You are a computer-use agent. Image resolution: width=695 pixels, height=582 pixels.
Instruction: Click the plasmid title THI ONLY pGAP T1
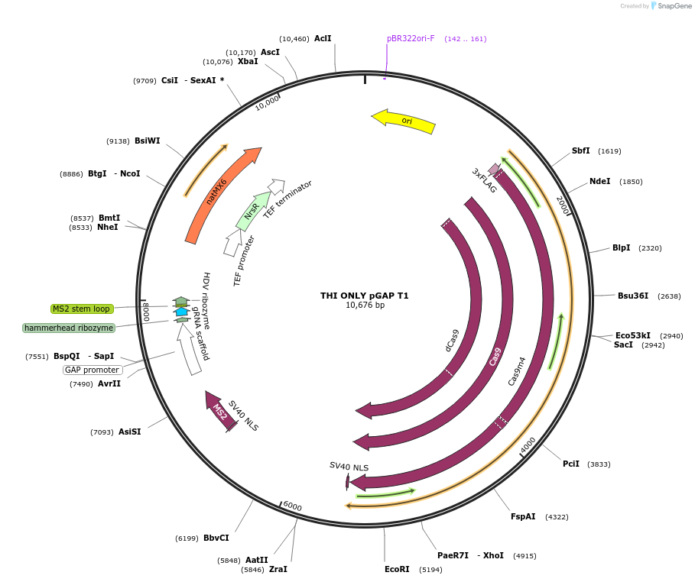click(x=364, y=296)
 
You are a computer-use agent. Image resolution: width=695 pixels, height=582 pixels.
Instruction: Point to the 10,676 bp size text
click(x=365, y=306)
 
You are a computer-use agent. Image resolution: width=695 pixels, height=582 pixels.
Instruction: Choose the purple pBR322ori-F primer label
click(x=411, y=38)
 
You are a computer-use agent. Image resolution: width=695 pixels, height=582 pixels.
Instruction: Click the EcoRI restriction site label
click(x=397, y=569)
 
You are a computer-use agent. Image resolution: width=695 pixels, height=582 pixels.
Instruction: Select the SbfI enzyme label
click(x=581, y=150)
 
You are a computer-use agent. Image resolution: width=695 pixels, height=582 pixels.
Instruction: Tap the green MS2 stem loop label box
click(x=82, y=309)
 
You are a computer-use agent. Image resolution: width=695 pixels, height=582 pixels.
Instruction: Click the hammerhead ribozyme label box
click(x=69, y=328)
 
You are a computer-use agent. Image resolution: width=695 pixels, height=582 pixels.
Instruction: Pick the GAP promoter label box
click(x=92, y=370)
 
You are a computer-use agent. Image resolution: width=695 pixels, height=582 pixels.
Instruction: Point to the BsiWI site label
click(x=148, y=141)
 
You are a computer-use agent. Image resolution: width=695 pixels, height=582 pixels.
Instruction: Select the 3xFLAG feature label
click(x=484, y=181)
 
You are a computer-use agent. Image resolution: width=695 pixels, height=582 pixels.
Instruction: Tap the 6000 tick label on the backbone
click(x=292, y=506)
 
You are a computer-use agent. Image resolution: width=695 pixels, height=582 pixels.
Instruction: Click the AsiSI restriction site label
click(x=129, y=432)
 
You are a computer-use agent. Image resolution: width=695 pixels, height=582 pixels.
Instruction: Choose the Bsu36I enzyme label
click(x=633, y=296)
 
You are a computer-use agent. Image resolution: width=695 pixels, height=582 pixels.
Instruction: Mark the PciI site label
click(x=571, y=464)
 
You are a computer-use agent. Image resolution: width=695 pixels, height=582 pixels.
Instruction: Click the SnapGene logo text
click(x=675, y=6)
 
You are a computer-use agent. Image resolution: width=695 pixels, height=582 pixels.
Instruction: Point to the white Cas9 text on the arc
click(x=495, y=356)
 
